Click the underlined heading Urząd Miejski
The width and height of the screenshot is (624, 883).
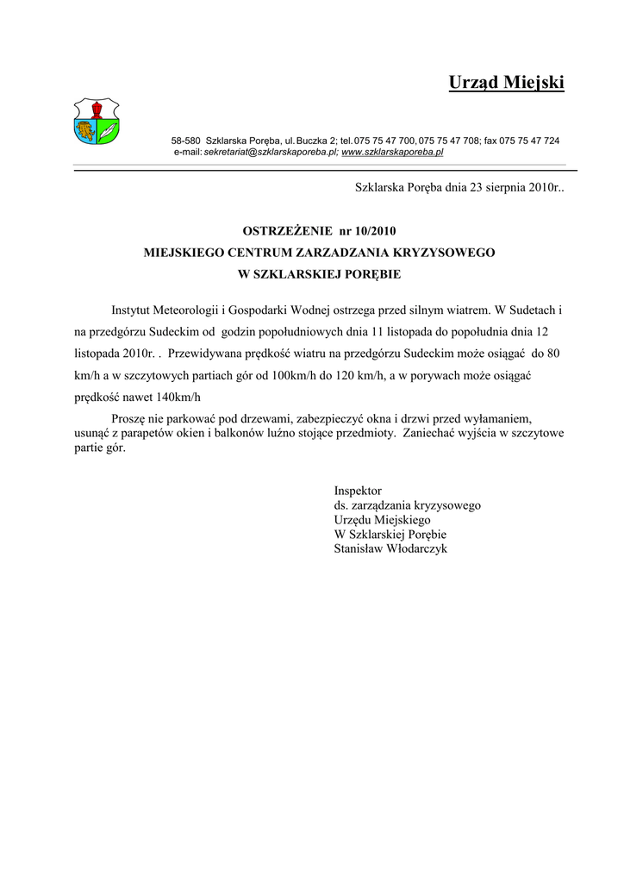pos(506,83)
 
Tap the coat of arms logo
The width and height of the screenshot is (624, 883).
pos(96,121)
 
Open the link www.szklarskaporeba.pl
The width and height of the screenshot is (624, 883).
pos(392,152)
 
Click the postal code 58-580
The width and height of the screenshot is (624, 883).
pos(185,140)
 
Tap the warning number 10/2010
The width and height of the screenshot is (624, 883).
pos(376,231)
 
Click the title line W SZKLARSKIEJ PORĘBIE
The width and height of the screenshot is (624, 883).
pos(319,275)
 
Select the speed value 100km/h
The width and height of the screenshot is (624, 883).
pos(296,375)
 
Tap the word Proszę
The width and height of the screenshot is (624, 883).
pos(128,418)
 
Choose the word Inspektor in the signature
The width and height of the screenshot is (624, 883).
pos(358,490)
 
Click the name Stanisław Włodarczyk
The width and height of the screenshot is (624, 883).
pos(390,548)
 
